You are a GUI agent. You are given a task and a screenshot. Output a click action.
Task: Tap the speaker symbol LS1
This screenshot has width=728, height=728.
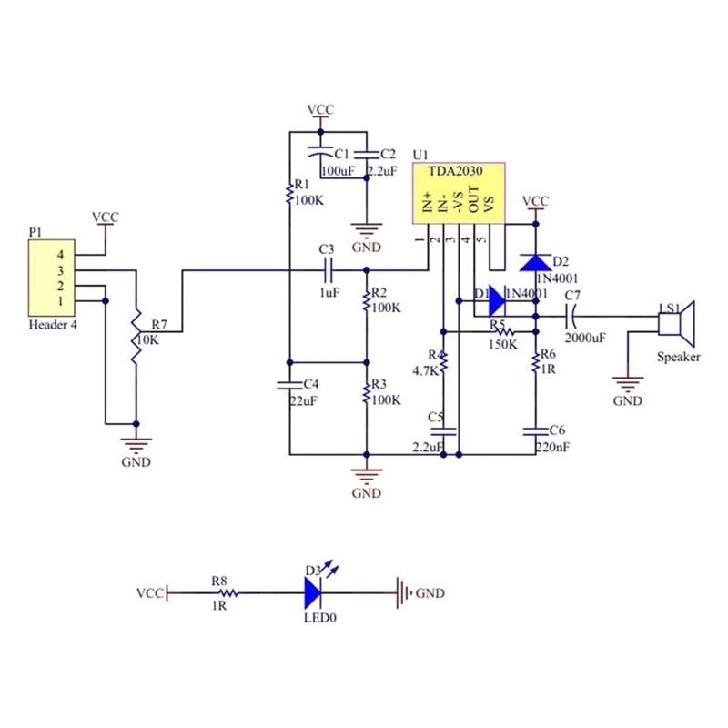pyautogui.click(x=677, y=324)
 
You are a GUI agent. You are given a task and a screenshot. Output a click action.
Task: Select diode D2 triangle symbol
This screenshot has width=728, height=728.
pyautogui.click(x=535, y=263)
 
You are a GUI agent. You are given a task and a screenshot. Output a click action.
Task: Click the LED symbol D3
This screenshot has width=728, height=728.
pyautogui.click(x=313, y=593)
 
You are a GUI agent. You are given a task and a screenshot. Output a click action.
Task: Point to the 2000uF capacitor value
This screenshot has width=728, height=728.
pyautogui.click(x=585, y=338)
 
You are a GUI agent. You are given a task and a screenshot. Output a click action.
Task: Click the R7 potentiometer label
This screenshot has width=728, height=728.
pyautogui.click(x=158, y=325)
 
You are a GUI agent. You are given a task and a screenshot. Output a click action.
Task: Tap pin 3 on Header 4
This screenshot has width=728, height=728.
pyautogui.click(x=60, y=270)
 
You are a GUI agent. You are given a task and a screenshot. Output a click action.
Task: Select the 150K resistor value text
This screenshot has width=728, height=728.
pyautogui.click(x=502, y=345)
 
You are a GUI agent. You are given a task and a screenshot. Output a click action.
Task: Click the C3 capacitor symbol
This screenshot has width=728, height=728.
pyautogui.click(x=328, y=270)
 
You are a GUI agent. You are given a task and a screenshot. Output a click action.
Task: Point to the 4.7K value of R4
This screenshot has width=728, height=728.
pyautogui.click(x=425, y=371)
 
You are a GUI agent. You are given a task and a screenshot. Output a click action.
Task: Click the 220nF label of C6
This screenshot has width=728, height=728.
pyautogui.click(x=552, y=447)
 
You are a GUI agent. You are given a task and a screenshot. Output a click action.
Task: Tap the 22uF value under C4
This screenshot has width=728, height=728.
pyautogui.click(x=304, y=400)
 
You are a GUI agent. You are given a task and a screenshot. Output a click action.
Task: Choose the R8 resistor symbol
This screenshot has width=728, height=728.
pyautogui.click(x=228, y=593)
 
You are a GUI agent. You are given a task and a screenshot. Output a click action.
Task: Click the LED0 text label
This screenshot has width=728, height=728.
pyautogui.click(x=320, y=618)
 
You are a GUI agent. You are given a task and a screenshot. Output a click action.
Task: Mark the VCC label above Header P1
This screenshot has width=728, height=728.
pyautogui.click(x=106, y=217)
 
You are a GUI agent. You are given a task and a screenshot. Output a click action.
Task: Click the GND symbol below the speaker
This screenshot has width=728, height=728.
pyautogui.click(x=628, y=384)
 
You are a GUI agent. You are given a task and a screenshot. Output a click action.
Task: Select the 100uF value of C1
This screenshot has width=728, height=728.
pyautogui.click(x=338, y=171)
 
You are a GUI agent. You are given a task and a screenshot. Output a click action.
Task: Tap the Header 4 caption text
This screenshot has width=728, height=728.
pyautogui.click(x=53, y=325)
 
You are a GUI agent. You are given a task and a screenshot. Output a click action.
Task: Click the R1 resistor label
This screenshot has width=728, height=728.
pyautogui.click(x=302, y=185)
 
